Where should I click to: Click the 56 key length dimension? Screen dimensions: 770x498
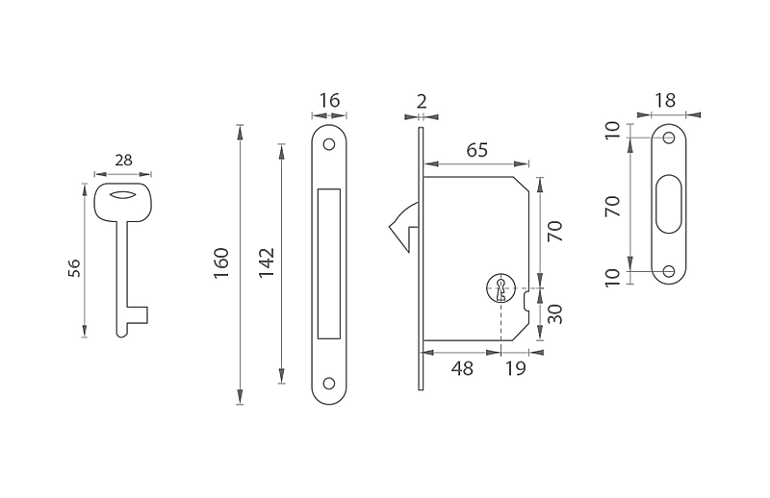click(74, 268)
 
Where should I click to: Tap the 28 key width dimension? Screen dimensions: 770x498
click(124, 160)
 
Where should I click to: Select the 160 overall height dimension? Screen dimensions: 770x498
click(221, 263)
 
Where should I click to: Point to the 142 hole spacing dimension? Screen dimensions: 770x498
click(267, 263)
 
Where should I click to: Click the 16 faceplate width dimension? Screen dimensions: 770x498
click(329, 100)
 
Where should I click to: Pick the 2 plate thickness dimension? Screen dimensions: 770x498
click(422, 102)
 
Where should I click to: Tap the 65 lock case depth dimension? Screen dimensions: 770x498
click(476, 150)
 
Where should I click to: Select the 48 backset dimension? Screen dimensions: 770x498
click(462, 368)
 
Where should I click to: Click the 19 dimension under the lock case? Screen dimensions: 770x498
click(516, 368)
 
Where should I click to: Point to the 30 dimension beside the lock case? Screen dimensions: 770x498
click(555, 314)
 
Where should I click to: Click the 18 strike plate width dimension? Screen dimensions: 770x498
click(665, 101)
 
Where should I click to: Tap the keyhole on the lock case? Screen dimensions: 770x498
click(500, 289)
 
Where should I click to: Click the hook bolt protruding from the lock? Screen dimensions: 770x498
click(403, 227)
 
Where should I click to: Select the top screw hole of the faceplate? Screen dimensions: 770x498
click(329, 145)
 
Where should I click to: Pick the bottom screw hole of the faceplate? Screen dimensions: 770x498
click(329, 384)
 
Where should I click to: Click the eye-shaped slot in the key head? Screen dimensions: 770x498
click(123, 195)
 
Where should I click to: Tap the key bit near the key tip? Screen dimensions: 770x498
click(138, 315)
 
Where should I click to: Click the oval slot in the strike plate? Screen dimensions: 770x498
click(668, 203)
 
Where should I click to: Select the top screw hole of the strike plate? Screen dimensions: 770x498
click(669, 137)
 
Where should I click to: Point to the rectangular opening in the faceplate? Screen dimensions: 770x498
click(329, 263)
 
